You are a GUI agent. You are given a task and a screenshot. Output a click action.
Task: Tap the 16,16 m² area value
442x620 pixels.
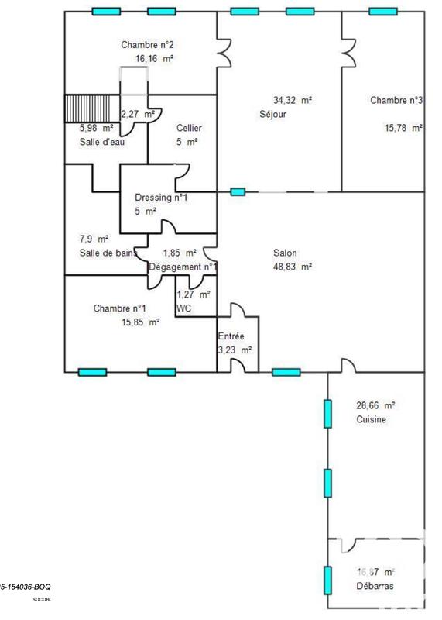[153, 58]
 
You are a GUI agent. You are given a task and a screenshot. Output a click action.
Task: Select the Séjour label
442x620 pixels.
[273, 114]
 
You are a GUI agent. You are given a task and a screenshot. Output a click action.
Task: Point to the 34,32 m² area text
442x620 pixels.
[293, 100]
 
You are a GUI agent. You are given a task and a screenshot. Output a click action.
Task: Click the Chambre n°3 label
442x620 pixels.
[396, 100]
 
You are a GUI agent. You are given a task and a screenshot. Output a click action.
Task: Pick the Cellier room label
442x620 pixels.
[189, 128]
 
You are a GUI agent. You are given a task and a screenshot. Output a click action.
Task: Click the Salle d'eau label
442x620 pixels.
[101, 142]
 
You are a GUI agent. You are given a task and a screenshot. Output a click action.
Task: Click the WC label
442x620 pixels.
[184, 308]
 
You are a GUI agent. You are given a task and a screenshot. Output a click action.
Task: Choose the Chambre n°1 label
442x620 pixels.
[120, 308]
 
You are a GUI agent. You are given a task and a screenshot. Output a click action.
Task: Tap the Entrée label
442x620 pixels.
[231, 336]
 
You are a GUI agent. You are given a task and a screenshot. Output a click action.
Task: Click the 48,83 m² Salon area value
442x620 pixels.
[292, 267]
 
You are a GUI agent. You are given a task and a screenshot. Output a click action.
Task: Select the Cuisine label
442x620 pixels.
[371, 419]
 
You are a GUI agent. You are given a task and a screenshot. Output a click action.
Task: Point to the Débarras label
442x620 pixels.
[375, 586]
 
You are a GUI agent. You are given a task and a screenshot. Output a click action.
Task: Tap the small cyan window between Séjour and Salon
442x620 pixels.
[238, 191]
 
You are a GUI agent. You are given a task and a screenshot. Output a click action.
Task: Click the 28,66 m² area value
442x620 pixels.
[375, 405]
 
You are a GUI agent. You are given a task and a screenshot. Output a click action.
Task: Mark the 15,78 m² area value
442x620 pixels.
[403, 128]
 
